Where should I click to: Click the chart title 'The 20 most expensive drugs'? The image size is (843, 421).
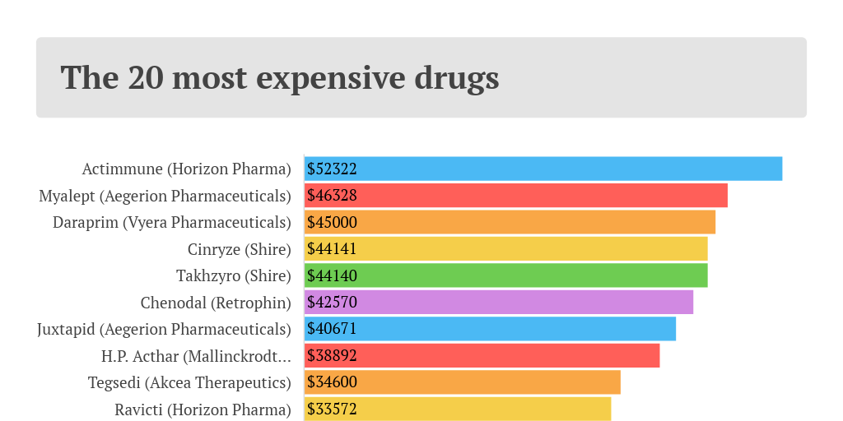280,77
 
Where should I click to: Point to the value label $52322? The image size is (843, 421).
332,169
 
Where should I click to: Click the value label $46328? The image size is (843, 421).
332,196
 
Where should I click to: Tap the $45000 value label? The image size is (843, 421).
332,222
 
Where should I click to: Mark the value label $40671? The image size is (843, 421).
332,329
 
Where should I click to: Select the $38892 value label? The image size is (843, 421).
332,355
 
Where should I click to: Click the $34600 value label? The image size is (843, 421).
332,382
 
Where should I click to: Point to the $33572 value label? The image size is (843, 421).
332,409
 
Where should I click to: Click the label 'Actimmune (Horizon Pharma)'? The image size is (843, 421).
187,169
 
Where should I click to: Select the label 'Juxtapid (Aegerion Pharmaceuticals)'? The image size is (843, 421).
165,330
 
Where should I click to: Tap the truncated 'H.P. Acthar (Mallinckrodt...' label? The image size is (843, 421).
196,356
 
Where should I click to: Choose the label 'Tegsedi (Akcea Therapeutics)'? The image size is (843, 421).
189,383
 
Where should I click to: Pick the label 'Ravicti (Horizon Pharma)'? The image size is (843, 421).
203,409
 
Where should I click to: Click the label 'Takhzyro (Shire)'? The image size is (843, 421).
234,276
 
